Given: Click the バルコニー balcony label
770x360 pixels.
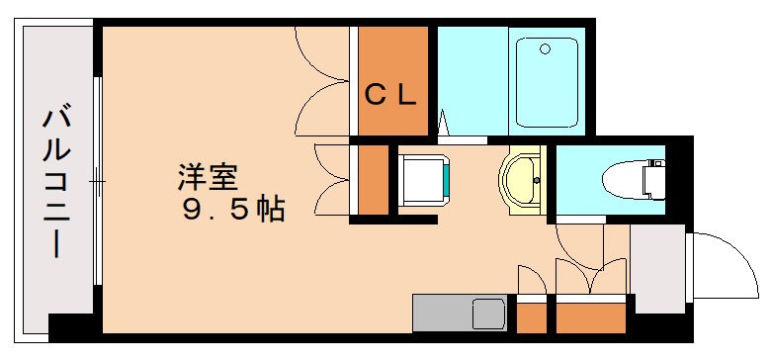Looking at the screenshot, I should pyautogui.click(x=53, y=183).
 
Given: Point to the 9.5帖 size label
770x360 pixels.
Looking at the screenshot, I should pyautogui.click(x=233, y=210).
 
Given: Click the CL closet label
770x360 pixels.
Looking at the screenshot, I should pyautogui.click(x=392, y=95).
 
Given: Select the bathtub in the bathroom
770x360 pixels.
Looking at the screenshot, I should pyautogui.click(x=547, y=82).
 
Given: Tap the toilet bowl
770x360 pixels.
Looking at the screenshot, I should pyautogui.click(x=621, y=179).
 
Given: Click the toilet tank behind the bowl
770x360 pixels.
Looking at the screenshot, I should pyautogui.click(x=654, y=179).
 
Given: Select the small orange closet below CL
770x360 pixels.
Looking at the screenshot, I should pyautogui.click(x=374, y=180).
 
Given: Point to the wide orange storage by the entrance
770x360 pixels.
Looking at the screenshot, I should pyautogui.click(x=591, y=319).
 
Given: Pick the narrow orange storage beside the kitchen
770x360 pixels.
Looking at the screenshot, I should pyautogui.click(x=532, y=319).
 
